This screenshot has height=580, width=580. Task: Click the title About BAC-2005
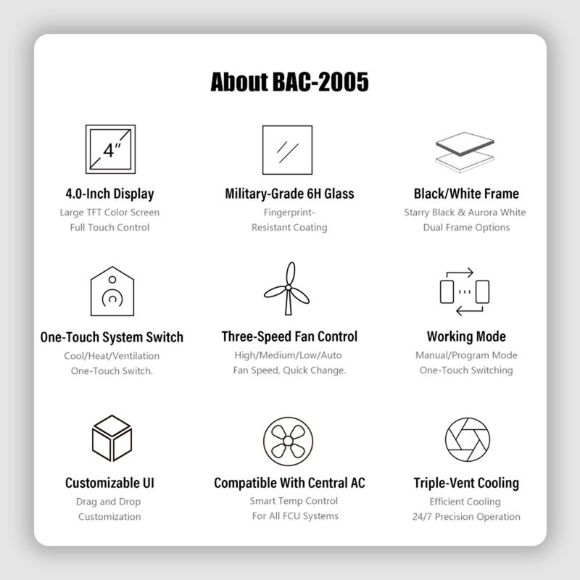tap(289, 82)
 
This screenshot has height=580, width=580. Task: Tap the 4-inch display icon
tap(111, 149)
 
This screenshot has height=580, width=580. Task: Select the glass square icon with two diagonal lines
tap(287, 150)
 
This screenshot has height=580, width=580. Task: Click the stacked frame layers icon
tap(465, 152)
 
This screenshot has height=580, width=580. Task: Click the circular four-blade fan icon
tap(288, 442)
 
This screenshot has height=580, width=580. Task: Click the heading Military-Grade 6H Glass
tap(289, 194)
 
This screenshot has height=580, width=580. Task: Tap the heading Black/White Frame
tap(466, 194)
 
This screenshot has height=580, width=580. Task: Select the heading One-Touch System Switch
tap(112, 337)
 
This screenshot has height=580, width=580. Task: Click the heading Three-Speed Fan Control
tap(289, 336)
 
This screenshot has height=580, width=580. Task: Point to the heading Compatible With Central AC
tap(289, 483)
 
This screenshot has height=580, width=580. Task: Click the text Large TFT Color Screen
tap(110, 212)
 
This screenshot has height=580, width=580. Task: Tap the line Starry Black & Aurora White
tap(465, 212)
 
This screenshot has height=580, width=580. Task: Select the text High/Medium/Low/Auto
tap(288, 355)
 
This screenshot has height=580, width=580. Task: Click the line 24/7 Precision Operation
tap(466, 516)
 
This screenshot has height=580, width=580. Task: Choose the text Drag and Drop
tap(108, 502)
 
